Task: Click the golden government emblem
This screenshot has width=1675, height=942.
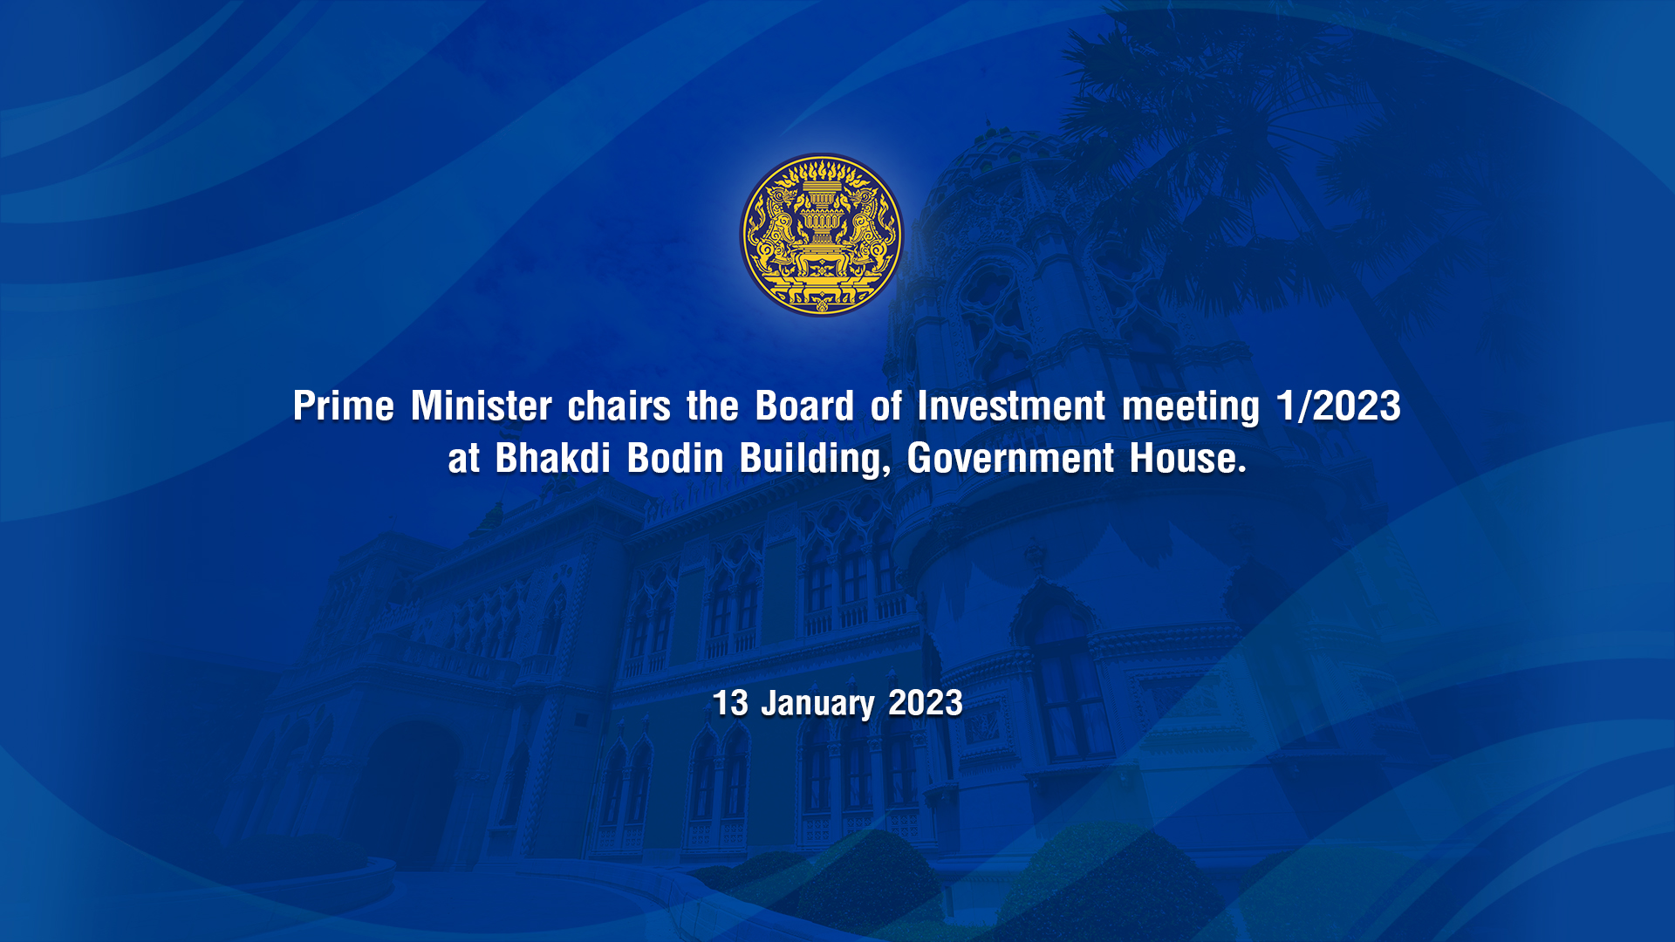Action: pyautogui.click(x=822, y=235)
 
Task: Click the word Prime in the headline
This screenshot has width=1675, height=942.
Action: pyautogui.click(x=344, y=406)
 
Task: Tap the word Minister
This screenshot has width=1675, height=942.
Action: pyautogui.click(x=482, y=406)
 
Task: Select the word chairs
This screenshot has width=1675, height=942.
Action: pyautogui.click(x=619, y=406)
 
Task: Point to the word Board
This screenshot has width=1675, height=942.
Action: pyautogui.click(x=804, y=406)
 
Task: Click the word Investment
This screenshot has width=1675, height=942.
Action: pyautogui.click(x=1011, y=406)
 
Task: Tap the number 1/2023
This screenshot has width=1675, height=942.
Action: pyautogui.click(x=1339, y=406)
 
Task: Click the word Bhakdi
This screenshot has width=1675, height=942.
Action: pyautogui.click(x=553, y=458)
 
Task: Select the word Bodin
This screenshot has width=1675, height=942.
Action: pyautogui.click(x=675, y=458)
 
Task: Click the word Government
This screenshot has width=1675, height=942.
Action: pyautogui.click(x=1010, y=458)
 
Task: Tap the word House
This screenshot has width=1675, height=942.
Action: pyautogui.click(x=1182, y=458)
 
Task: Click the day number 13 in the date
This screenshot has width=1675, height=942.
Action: pyautogui.click(x=730, y=703)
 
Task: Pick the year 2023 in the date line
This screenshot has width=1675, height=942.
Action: pyautogui.click(x=926, y=703)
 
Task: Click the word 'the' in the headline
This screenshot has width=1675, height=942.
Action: pyautogui.click(x=713, y=406)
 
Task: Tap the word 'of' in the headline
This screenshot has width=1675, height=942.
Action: pyautogui.click(x=885, y=406)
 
